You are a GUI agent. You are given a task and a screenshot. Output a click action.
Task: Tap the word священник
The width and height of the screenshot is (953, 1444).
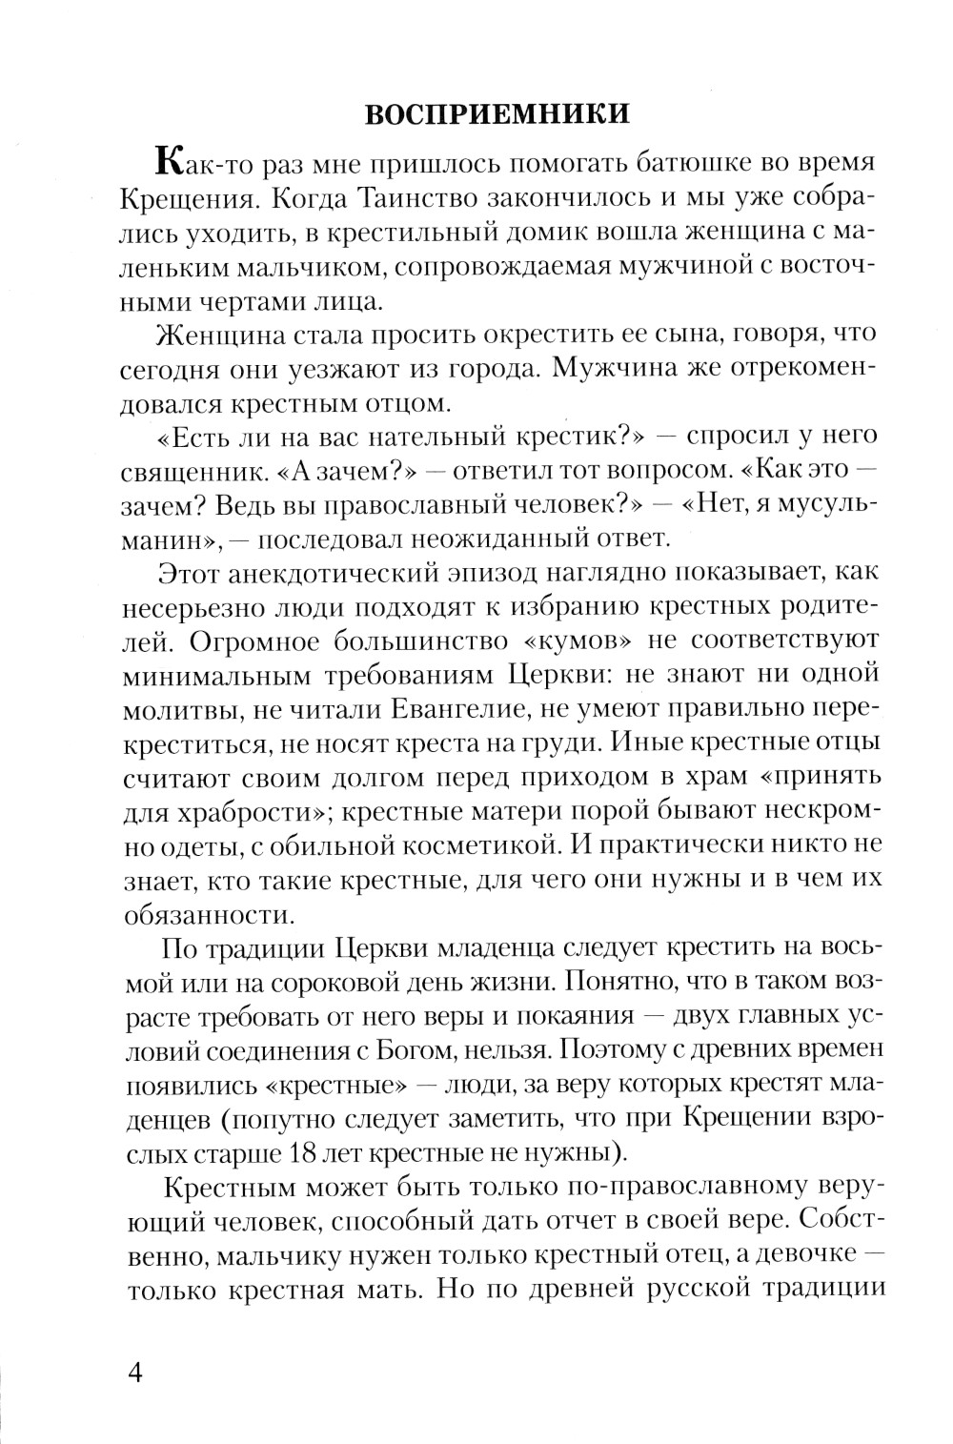(196, 468)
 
